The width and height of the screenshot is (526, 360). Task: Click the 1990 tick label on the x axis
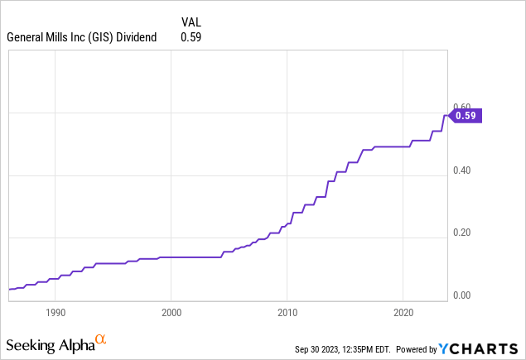click(x=55, y=314)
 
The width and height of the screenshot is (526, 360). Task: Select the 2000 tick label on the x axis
click(x=171, y=314)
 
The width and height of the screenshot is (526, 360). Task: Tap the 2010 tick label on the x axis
click(x=287, y=314)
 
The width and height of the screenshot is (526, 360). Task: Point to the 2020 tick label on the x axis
click(x=403, y=314)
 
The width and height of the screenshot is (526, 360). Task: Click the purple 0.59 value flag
click(x=465, y=117)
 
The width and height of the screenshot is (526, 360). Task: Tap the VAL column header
click(x=191, y=22)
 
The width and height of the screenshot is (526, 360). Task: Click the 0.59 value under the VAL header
click(x=191, y=36)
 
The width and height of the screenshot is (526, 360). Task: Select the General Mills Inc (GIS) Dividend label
click(x=81, y=36)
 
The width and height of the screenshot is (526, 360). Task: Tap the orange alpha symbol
click(x=100, y=339)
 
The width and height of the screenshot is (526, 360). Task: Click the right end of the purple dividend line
click(x=448, y=115)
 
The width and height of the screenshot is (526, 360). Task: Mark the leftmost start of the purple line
click(x=9, y=289)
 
